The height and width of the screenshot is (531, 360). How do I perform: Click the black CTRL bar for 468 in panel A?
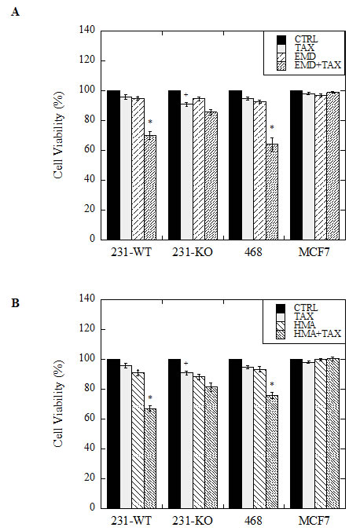click(235, 165)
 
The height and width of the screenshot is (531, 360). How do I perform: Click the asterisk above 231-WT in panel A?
click(150, 123)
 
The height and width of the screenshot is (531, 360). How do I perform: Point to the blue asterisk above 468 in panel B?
click(271, 384)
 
